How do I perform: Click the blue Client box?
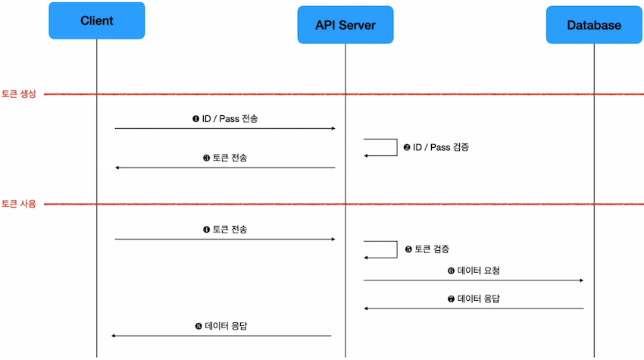click(96, 21)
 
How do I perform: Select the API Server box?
click(345, 25)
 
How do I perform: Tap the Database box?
click(594, 25)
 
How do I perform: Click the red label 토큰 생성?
click(18, 94)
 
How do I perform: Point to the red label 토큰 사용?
click(18, 204)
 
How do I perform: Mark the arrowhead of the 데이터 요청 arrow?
click(580, 280)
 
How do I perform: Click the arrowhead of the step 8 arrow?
click(114, 336)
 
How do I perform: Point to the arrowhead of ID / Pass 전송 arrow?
click(332, 128)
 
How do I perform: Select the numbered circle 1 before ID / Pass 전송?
click(195, 119)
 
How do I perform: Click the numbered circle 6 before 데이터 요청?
click(451, 270)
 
